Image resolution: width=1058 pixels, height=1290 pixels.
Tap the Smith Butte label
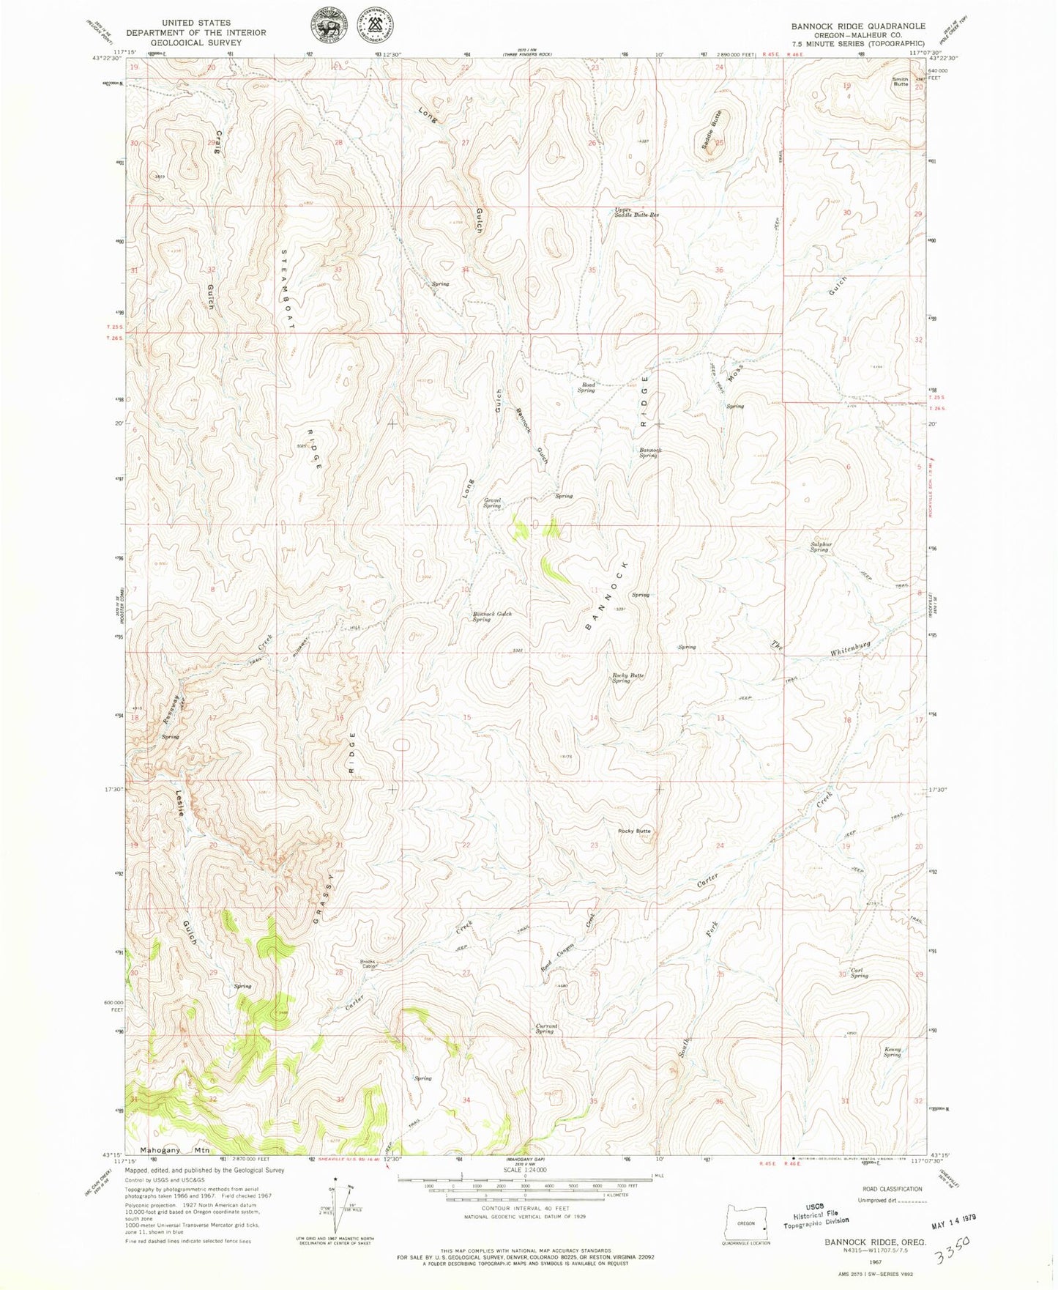pyautogui.click(x=900, y=81)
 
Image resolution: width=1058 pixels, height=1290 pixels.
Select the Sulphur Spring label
pyautogui.click(x=819, y=546)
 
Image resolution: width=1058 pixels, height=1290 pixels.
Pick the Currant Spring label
pyautogui.click(x=546, y=1028)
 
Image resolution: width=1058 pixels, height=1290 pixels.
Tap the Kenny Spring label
pyautogui.click(x=892, y=1052)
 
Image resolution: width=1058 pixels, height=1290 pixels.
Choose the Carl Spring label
pyautogui.click(x=859, y=973)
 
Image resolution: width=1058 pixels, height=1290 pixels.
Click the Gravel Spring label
pyautogui.click(x=491, y=503)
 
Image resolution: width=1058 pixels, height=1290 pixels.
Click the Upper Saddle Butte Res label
pyautogui.click(x=636, y=212)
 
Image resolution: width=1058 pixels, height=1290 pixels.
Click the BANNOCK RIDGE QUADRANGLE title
pyautogui.click(x=857, y=26)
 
